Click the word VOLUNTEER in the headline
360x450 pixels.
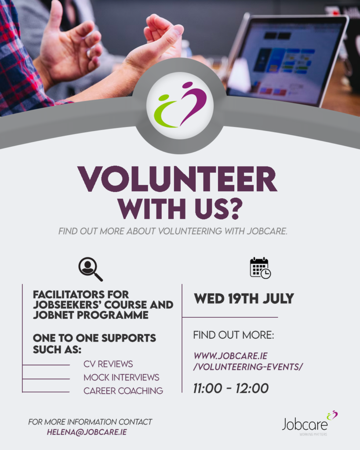pos(177,179)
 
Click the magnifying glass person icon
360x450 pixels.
pos(91,269)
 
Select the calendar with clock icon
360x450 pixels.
pos(260,268)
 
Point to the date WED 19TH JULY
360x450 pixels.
pos(244,299)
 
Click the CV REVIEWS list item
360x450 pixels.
pos(108,364)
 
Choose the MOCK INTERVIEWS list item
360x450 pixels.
pos(121,377)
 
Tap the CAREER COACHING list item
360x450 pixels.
pos(123,391)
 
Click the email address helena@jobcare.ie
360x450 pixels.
pos(87,432)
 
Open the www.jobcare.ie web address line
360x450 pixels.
pos(230,356)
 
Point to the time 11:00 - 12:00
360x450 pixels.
pos(231,388)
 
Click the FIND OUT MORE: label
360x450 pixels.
pos(234,335)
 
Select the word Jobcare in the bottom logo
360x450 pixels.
pos(305,425)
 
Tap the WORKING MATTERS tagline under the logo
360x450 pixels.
pos(313,434)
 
